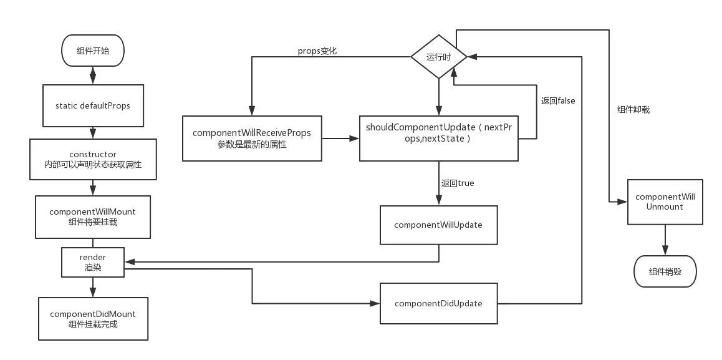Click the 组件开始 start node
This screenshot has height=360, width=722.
pyautogui.click(x=92, y=51)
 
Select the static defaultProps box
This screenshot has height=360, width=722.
pyautogui.click(x=92, y=105)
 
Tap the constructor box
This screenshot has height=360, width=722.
pyautogui.click(x=92, y=159)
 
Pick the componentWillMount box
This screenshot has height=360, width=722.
pyautogui.click(x=92, y=216)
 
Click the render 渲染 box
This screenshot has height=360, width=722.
pyautogui.click(x=92, y=262)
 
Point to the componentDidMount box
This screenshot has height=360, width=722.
pyautogui.click(x=92, y=319)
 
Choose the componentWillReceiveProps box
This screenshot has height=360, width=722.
pyautogui.click(x=251, y=138)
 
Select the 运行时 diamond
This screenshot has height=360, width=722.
pyautogui.click(x=439, y=57)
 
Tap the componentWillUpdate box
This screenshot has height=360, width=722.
pyautogui.click(x=438, y=225)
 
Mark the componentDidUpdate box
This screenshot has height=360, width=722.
pyautogui.click(x=438, y=303)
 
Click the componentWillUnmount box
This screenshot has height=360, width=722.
pyautogui.click(x=665, y=202)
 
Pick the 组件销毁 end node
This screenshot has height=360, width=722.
pyautogui.click(x=665, y=271)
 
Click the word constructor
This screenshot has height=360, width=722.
pyautogui.click(x=93, y=154)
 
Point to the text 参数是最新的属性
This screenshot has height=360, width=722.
pyautogui.click(x=251, y=144)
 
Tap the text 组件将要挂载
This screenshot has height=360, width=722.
pyautogui.click(x=92, y=222)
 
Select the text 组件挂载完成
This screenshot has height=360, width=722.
pyautogui.click(x=92, y=324)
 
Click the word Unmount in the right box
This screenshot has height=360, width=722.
pyautogui.click(x=665, y=207)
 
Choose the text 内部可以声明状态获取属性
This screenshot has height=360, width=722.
pyautogui.click(x=92, y=165)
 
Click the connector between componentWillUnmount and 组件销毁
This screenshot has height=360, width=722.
pyautogui.click(x=665, y=240)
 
